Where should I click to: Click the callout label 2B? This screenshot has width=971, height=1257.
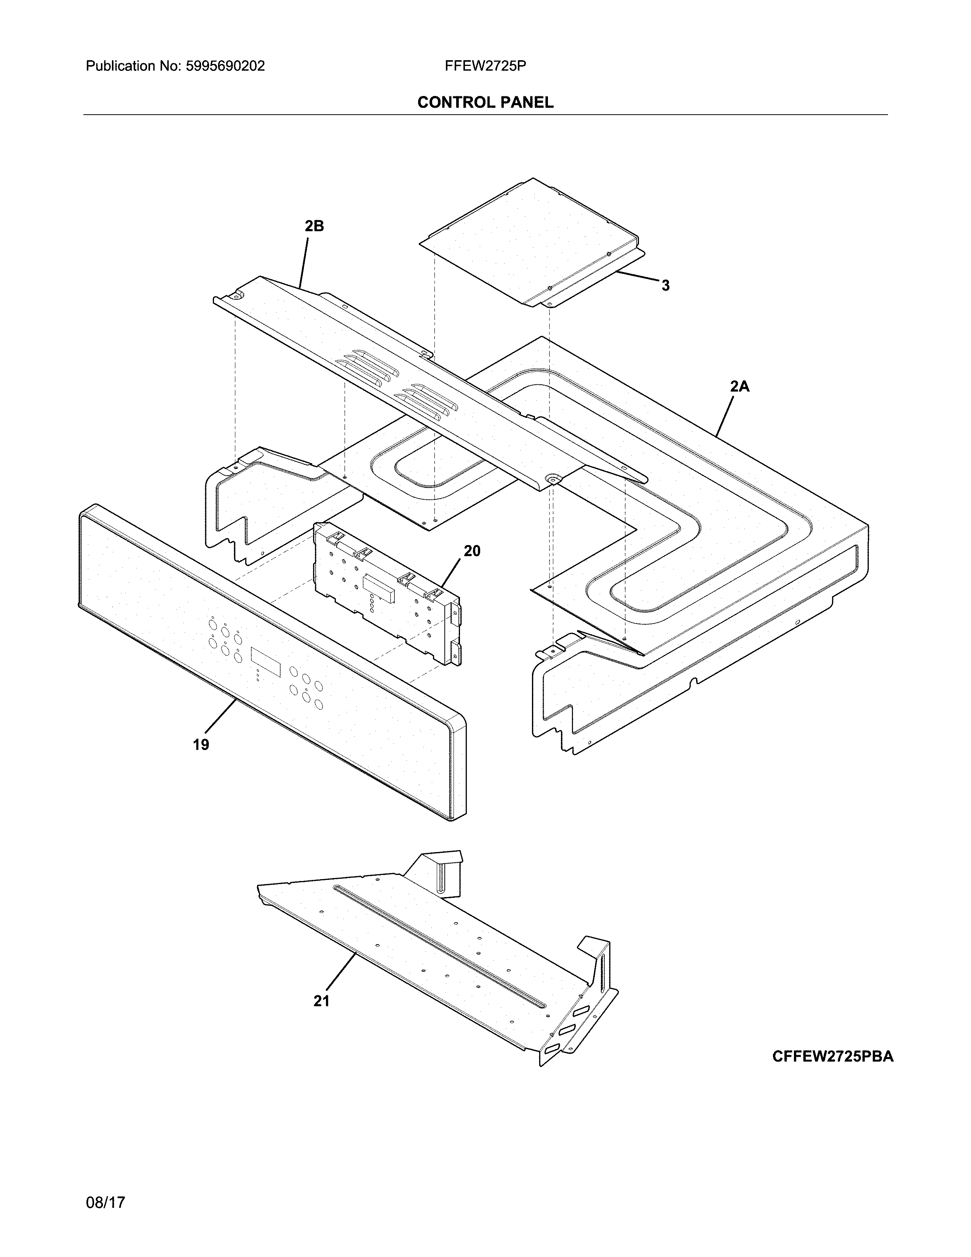(314, 227)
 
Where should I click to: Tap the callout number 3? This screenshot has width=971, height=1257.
(666, 285)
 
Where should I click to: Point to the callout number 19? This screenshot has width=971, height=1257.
(201, 745)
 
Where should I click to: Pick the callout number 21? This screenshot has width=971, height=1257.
(321, 1001)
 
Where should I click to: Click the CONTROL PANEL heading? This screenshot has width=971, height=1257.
(485, 102)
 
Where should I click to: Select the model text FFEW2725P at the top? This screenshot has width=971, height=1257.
(485, 66)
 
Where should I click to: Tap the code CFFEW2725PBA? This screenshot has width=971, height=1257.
(832, 1056)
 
